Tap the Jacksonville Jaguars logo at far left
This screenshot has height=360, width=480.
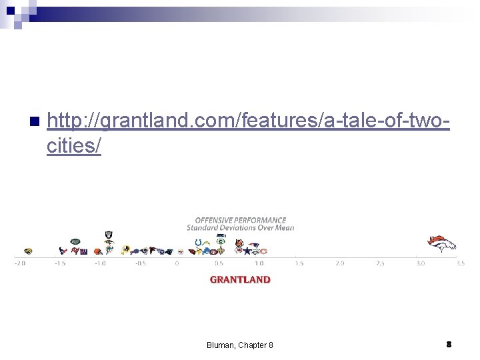pyautogui.click(x=27, y=251)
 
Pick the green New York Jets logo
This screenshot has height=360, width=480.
pyautogui.click(x=75, y=241)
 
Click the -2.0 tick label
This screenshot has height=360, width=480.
pyautogui.click(x=19, y=263)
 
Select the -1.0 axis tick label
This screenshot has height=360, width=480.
pyautogui.click(x=99, y=263)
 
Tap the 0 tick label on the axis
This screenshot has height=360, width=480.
pyautogui.click(x=177, y=263)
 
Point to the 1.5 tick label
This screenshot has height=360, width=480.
pyautogui.click(x=299, y=263)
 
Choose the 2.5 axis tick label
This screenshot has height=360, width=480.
pyautogui.click(x=380, y=263)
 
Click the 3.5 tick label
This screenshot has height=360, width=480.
pyautogui.click(x=460, y=263)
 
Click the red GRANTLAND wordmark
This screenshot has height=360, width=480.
pyautogui.click(x=240, y=280)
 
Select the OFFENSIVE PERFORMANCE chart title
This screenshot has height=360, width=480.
pyautogui.click(x=240, y=220)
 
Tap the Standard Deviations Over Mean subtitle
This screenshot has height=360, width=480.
pyautogui.click(x=240, y=227)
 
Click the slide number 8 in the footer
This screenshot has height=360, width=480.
pyautogui.click(x=449, y=344)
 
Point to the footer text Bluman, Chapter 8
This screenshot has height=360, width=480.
pyautogui.click(x=239, y=345)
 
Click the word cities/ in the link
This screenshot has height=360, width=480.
pyautogui.click(x=74, y=146)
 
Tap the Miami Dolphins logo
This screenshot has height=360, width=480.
pyautogui.click(x=97, y=251)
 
